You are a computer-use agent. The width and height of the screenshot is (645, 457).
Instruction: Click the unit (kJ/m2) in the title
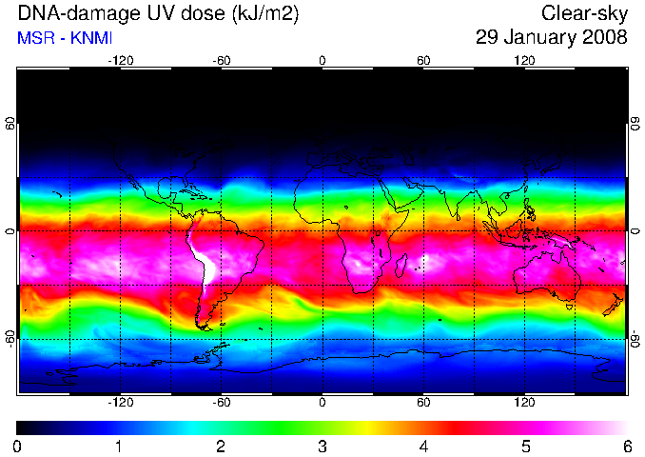(x=265, y=14)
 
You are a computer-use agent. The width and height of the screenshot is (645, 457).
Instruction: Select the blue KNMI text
(x=91, y=38)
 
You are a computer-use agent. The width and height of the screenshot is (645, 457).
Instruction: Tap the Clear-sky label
(x=584, y=14)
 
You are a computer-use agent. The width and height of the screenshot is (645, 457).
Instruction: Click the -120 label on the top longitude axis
(x=121, y=61)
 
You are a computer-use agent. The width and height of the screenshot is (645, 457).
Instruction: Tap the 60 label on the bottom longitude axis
(x=423, y=402)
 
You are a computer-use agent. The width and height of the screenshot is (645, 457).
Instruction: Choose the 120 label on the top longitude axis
(x=524, y=61)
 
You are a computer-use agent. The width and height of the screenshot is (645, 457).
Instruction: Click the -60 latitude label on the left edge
(x=10, y=339)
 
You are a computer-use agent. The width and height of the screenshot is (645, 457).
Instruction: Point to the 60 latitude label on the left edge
(x=10, y=124)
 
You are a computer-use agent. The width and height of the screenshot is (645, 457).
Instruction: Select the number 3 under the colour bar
(x=322, y=447)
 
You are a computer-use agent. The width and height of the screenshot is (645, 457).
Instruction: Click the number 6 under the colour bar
(x=627, y=447)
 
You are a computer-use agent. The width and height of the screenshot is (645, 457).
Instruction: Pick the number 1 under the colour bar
(x=119, y=447)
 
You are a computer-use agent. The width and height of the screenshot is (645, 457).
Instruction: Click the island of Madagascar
(x=401, y=265)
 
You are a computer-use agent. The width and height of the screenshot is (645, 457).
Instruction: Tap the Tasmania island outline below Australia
(x=569, y=307)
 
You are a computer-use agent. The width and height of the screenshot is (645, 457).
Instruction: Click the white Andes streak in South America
(x=204, y=259)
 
